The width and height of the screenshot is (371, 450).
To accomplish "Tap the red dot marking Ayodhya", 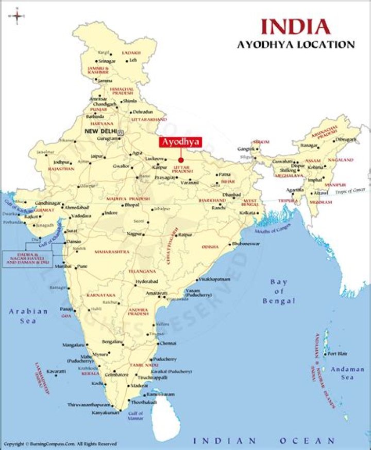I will pos(181,160).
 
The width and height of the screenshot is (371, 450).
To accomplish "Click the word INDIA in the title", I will pos(295,26).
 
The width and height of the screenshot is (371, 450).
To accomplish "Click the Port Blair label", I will pos(338,353).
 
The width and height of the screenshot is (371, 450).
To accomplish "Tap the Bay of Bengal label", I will pos(279,291).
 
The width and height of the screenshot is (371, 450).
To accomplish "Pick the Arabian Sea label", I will pos(28,316).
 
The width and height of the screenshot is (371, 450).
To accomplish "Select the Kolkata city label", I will pos(247,212).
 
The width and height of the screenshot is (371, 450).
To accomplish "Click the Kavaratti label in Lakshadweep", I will pos(56,371).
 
